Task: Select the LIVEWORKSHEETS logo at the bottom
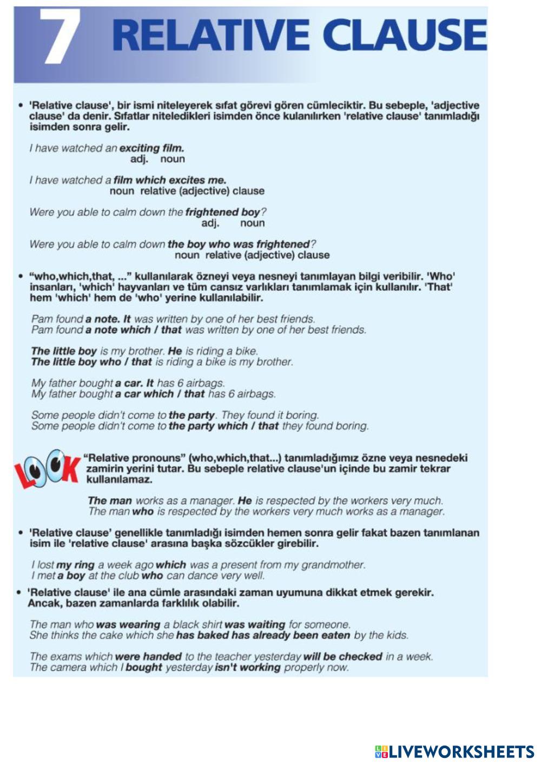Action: [454, 751]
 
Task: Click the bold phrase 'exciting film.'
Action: [151, 148]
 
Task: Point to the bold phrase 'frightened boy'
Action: [222, 212]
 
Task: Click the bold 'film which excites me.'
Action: [170, 180]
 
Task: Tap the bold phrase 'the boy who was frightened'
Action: [239, 244]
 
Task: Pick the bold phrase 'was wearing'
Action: [128, 624]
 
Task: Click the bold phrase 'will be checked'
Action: [342, 656]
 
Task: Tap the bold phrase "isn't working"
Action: [247, 667]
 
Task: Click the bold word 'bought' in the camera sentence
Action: [144, 667]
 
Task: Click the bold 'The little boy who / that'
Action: [91, 361]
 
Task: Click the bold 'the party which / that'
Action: [223, 426]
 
